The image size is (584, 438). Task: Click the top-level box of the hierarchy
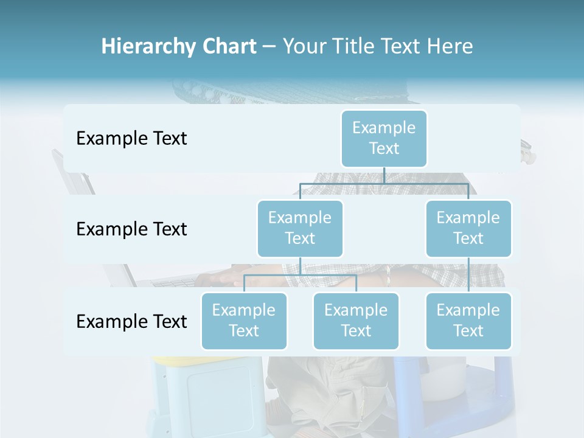tap(384, 138)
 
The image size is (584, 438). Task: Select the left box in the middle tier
tap(300, 228)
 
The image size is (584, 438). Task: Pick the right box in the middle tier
tap(468, 228)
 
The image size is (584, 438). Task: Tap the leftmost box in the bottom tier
tap(244, 321)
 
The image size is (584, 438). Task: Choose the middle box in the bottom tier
tap(356, 321)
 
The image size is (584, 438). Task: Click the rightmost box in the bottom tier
tap(468, 321)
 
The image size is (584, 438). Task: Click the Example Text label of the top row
tap(131, 139)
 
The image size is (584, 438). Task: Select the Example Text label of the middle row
tap(131, 229)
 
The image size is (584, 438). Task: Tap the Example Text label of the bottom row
tap(131, 321)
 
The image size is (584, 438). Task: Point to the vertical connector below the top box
tap(384, 175)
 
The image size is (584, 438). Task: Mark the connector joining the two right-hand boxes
tap(468, 275)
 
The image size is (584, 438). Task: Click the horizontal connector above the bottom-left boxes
tap(300, 275)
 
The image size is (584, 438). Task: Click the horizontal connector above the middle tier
tap(384, 183)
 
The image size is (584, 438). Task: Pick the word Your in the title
tap(305, 47)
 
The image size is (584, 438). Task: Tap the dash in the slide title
tap(269, 47)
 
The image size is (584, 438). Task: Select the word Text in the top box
tap(384, 148)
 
